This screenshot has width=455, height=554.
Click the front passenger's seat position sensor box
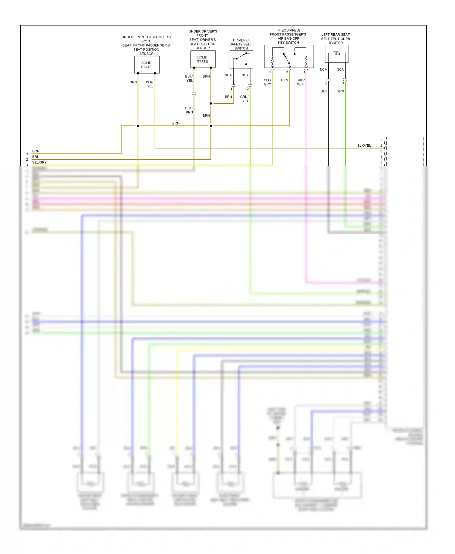[147, 65]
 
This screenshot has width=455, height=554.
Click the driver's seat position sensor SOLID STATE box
[203, 59]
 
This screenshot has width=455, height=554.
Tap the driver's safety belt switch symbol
[241, 59]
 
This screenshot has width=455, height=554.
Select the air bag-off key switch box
[289, 57]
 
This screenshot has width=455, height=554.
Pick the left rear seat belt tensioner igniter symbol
[336, 54]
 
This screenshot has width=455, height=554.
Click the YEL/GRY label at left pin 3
[39, 162]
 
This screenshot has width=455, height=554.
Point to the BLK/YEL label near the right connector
[364, 146]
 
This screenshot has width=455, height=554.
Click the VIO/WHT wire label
[301, 82]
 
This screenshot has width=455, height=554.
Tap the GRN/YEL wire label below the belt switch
[244, 99]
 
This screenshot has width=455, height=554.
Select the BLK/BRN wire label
[189, 110]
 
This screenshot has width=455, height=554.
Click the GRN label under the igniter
[340, 91]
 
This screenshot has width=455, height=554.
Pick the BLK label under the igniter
[324, 91]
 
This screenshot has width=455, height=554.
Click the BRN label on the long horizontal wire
[176, 123]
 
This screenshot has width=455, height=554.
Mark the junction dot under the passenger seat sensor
[138, 126]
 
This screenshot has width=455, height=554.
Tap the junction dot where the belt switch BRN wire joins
[211, 104]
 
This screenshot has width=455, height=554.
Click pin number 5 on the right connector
[381, 162]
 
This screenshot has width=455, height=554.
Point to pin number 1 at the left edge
[27, 154]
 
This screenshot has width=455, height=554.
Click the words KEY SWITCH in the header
[288, 43]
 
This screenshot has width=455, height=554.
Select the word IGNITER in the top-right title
[336, 43]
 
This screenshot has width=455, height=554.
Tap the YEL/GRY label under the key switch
[267, 82]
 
